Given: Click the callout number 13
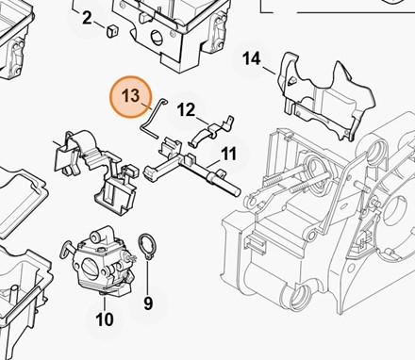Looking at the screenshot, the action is (x=131, y=95).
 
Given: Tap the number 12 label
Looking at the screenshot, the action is (x=186, y=110).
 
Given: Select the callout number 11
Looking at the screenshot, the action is (x=228, y=154).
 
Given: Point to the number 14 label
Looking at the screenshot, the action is (x=252, y=58).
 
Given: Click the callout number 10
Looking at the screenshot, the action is (x=105, y=319).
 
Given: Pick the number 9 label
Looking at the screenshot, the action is (x=148, y=303).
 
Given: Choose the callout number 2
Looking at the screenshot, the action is (x=87, y=18).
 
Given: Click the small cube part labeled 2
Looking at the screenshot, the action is (x=112, y=31).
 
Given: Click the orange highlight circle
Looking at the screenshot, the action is (x=131, y=97).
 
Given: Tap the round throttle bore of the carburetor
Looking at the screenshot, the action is (x=89, y=269).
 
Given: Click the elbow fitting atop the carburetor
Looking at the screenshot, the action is (x=99, y=236).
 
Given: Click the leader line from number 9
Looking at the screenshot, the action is (x=148, y=277).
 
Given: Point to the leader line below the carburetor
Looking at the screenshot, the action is (x=105, y=303).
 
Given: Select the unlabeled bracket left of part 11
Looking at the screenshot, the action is (x=94, y=170).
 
